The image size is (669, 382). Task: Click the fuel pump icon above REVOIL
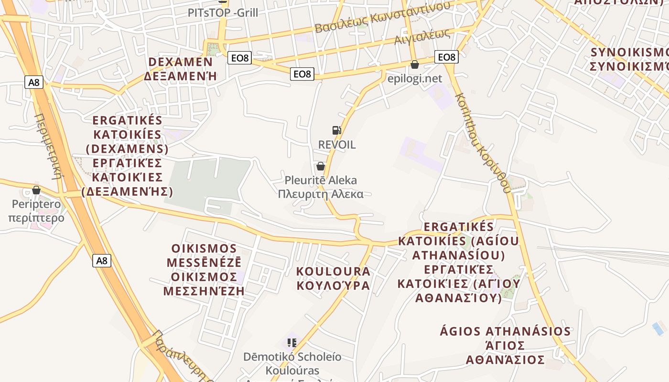tap(337, 130)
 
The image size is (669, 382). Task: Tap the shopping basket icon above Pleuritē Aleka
tap(321, 166)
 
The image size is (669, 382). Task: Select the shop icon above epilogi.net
tap(415, 64)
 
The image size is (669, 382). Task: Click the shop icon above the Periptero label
tap(36, 190)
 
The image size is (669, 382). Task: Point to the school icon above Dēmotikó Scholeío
tap(292, 342)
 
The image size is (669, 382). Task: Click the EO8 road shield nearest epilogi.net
tap(446, 57)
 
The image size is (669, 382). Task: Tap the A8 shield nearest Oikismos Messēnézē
tap(102, 261)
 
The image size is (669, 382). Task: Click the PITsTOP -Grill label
tap(223, 12)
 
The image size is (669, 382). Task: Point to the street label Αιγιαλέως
tap(422, 36)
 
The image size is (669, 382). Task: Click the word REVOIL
tap(337, 145)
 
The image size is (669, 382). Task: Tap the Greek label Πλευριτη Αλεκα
tap(321, 194)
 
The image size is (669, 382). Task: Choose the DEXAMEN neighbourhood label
tap(181, 62)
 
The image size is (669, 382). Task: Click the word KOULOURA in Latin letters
tap(333, 272)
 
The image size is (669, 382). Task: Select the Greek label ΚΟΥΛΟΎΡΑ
tap(333, 286)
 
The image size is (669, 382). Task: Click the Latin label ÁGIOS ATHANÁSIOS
tap(505, 331)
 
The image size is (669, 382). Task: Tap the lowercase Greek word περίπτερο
tap(36, 218)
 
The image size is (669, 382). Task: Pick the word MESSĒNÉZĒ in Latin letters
tap(204, 263)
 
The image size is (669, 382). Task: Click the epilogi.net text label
tap(415, 78)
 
